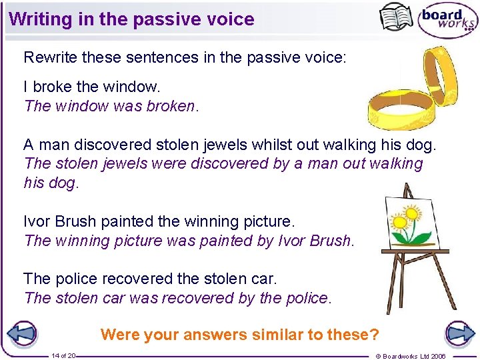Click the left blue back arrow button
(x=23, y=334)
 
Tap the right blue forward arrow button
(x=459, y=334)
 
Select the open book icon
(x=396, y=17)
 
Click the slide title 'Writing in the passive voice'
(x=132, y=19)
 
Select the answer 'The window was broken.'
(x=111, y=106)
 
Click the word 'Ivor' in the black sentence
(x=37, y=221)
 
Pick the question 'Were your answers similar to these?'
(x=239, y=335)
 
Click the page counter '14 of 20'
(x=63, y=356)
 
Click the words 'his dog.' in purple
(x=51, y=183)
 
